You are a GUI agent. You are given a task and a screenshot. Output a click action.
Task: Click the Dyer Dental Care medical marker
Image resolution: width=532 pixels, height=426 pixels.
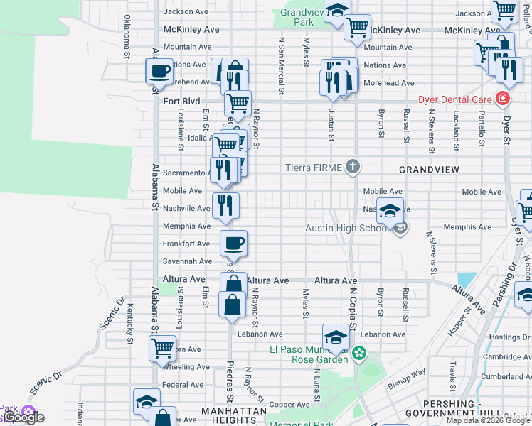(503, 99)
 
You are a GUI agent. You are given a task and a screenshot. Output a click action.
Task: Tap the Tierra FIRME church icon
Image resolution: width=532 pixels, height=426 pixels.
(352, 168)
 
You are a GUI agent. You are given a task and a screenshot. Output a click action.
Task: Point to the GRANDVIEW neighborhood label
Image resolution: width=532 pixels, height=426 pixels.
(429, 170)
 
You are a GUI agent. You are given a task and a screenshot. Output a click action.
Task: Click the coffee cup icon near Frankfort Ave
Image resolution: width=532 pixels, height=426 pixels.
(233, 244)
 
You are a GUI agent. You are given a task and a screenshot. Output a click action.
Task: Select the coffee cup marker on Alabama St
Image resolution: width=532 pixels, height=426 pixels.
(159, 71)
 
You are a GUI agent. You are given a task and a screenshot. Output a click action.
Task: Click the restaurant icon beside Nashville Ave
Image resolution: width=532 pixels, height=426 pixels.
(225, 205)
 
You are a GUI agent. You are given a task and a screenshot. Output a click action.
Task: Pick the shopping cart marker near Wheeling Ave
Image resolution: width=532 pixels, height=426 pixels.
(163, 348)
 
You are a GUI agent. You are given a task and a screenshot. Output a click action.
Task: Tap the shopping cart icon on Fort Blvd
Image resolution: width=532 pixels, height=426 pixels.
(238, 102)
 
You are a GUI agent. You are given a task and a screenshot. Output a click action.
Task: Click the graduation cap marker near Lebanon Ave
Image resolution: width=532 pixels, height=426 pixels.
(336, 335)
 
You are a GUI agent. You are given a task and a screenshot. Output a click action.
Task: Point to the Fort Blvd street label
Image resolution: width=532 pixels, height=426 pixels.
(181, 102)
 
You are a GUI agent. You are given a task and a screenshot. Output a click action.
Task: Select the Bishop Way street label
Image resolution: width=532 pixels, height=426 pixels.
(407, 376)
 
